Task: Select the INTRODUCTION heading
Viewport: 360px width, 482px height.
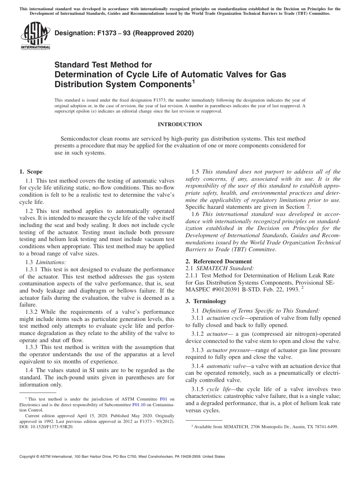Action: pos(180,124)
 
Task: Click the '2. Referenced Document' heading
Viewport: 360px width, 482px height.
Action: pos(218,261)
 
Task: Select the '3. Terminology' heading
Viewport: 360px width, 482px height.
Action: pos(206,301)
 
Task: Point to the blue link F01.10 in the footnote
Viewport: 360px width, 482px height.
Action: pos(138,405)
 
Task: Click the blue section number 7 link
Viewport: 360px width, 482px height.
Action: pos(308,207)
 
